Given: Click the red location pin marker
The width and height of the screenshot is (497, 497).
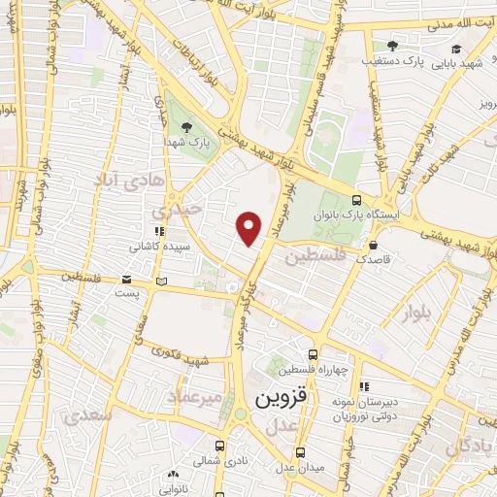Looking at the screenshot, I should tap(249, 227).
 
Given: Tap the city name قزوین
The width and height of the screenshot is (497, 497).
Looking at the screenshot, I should tap(281, 399).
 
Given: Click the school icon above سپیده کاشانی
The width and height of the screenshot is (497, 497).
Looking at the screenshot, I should tap(159, 232).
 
